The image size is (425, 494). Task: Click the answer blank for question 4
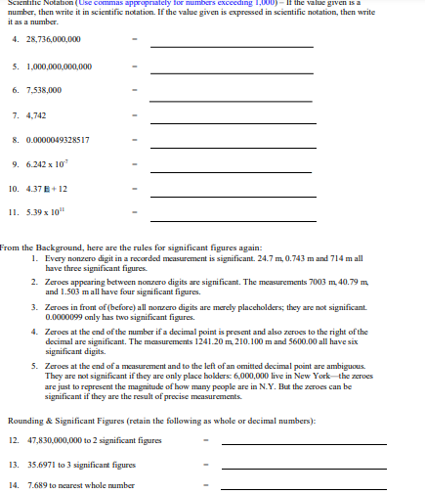[232, 45]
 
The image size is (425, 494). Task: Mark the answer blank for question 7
[232, 120]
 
